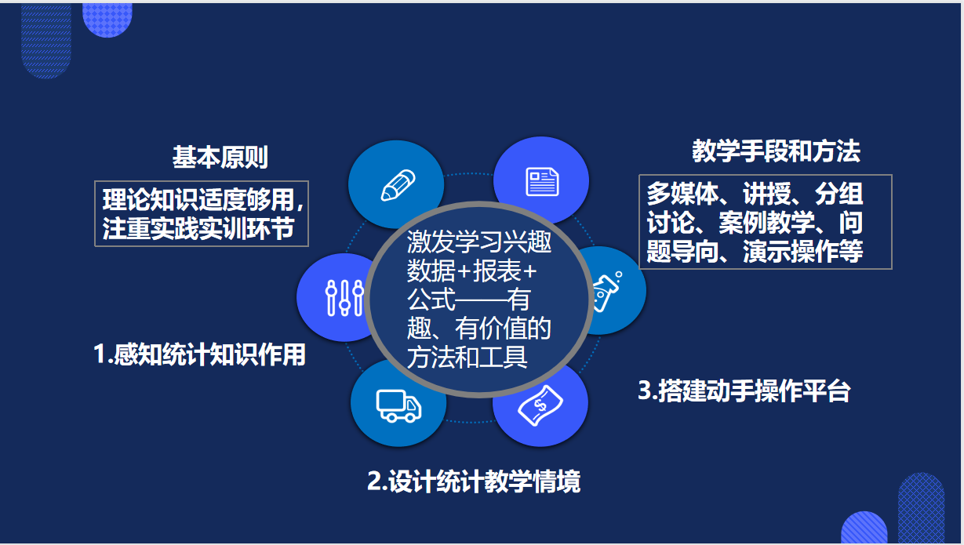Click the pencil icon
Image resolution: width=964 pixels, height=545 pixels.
click(398, 185)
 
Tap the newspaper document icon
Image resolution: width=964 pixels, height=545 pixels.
click(542, 182)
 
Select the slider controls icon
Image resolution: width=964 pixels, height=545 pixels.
click(344, 298)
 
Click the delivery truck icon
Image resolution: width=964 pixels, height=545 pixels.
click(398, 405)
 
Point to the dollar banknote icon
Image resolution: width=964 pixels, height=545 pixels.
click(540, 405)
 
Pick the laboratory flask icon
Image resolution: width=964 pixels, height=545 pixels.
click(607, 291)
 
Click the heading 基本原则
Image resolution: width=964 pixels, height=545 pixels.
click(220, 157)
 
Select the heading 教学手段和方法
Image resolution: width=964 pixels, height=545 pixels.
click(776, 151)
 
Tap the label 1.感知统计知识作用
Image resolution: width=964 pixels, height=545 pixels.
click(200, 354)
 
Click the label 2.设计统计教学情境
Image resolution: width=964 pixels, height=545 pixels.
click(474, 481)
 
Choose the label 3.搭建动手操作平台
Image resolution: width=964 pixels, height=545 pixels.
click(744, 391)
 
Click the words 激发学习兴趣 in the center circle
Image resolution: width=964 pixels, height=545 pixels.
click(479, 242)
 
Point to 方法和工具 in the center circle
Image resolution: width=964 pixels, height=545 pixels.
click(467, 357)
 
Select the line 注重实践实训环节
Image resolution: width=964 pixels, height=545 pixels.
click(198, 228)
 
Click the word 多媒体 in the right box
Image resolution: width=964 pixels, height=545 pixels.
click(683, 194)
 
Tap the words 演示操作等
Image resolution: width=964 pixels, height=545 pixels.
click(803, 251)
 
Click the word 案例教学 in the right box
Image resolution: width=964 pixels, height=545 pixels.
click(767, 223)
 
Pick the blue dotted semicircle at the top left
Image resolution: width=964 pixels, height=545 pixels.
click(107, 20)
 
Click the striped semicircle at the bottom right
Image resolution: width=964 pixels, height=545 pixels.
click(864, 528)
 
